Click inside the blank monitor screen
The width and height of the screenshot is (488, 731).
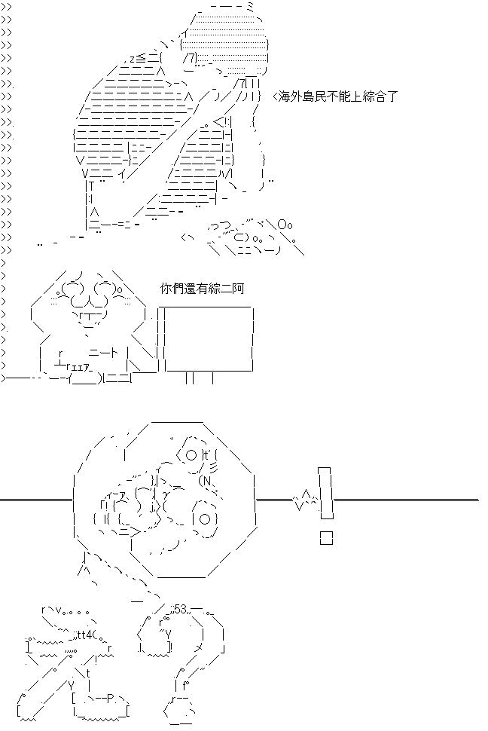[209, 338]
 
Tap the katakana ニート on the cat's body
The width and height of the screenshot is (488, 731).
[102, 352]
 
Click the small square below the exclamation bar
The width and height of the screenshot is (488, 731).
[326, 537]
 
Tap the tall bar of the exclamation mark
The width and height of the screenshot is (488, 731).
[325, 494]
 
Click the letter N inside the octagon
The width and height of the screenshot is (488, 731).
[205, 481]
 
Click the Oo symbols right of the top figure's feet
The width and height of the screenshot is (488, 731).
[284, 225]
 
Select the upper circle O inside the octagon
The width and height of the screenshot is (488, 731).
[190, 454]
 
